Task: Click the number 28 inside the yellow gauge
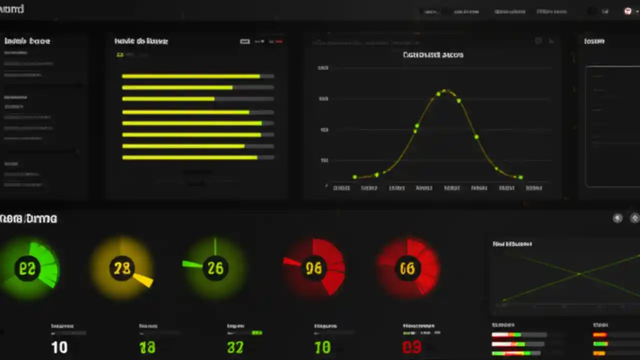(122, 268)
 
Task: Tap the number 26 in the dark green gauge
(215, 268)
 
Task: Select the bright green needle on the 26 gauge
(192, 264)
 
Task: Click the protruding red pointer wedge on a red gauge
(291, 261)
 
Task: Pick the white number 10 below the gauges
(59, 347)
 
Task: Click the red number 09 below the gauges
(411, 346)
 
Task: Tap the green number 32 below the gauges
(235, 347)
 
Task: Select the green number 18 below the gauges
(147, 347)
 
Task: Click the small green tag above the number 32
(257, 332)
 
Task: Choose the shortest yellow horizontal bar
(168, 99)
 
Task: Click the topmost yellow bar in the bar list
(190, 76)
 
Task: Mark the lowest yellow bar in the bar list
(189, 157)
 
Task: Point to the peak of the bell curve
(444, 91)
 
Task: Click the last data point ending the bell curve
(520, 177)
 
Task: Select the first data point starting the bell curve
(354, 177)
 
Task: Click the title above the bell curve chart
(433, 54)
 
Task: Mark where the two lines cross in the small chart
(578, 274)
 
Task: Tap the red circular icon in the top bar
(628, 11)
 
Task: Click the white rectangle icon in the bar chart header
(244, 41)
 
